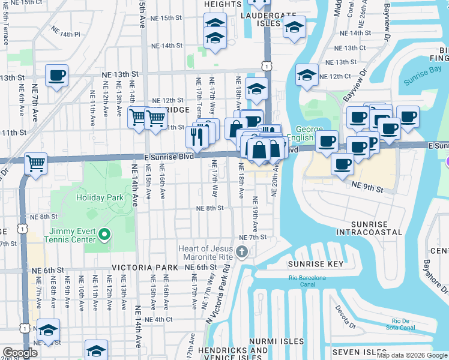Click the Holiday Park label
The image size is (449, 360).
99,197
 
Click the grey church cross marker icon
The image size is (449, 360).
242,251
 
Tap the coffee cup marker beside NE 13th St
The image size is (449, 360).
56,76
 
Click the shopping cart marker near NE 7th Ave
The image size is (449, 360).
35,163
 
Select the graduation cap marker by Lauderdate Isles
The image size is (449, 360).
294,27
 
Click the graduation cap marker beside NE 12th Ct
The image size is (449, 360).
307,75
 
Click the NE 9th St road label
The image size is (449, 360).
367,188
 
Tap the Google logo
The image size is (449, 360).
20,353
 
